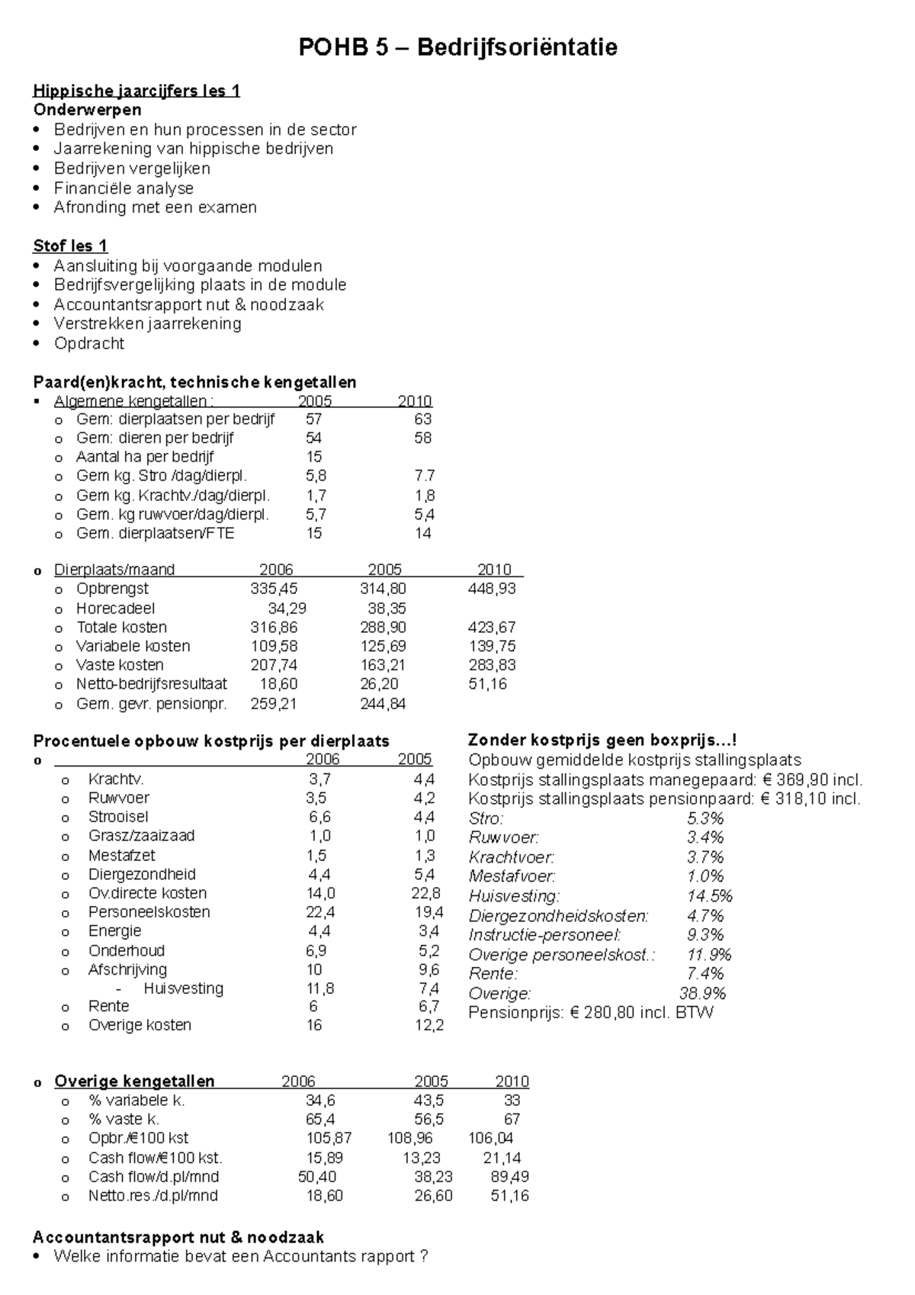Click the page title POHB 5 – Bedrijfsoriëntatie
coord(457,48)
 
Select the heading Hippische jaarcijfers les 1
coord(136,92)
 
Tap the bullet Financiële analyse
coord(124,188)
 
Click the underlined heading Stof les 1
coord(70,246)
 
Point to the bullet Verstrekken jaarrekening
coord(147,324)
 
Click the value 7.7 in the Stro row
coord(424,476)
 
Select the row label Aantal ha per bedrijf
coord(145,457)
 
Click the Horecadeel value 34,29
coord(287,609)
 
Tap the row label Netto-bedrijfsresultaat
coord(152,684)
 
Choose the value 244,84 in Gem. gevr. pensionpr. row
coord(383,704)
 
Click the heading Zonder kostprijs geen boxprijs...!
coord(602,741)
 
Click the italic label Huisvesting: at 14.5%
coord(515,896)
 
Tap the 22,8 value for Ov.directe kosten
coord(425,894)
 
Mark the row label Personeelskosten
coord(149,912)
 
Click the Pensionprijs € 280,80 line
coord(591,1013)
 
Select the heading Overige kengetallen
coord(134,1081)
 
